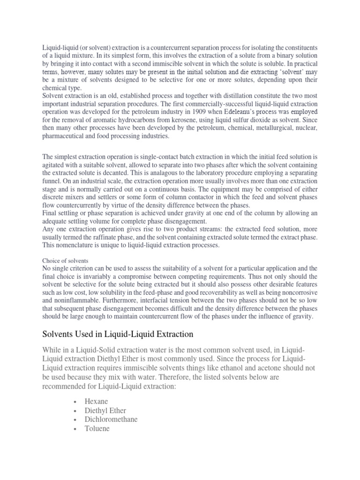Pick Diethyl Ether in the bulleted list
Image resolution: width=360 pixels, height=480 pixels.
[105, 410]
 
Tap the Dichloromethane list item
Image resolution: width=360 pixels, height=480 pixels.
[111, 419]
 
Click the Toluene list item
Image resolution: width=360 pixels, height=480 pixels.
[97, 428]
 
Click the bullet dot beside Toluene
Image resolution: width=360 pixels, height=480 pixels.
[75, 428]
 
